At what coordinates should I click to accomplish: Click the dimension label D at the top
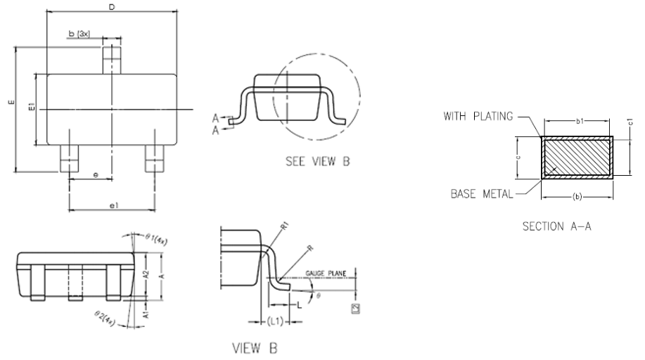point(112,7)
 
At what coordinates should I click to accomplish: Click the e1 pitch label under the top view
point(113,205)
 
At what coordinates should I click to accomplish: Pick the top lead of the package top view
point(113,58)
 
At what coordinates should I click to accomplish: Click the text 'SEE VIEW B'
point(317,162)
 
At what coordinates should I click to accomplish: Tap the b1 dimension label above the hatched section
point(579,122)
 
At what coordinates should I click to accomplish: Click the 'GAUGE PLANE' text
point(324,272)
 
